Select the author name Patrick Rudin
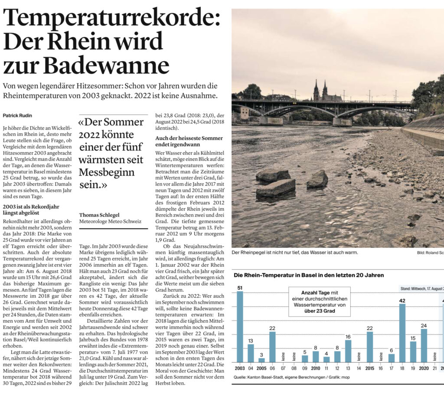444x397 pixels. click(x=18, y=116)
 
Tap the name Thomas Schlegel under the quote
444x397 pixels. click(x=100, y=214)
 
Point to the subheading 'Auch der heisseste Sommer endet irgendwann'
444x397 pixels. click(x=189, y=141)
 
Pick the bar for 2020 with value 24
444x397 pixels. click(x=424, y=345)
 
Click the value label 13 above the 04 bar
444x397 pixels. click(x=251, y=341)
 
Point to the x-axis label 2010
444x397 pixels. click(x=315, y=368)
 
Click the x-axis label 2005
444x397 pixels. click(x=261, y=368)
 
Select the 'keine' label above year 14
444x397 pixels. click(x=359, y=357)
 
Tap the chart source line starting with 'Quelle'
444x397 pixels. click(x=285, y=377)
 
